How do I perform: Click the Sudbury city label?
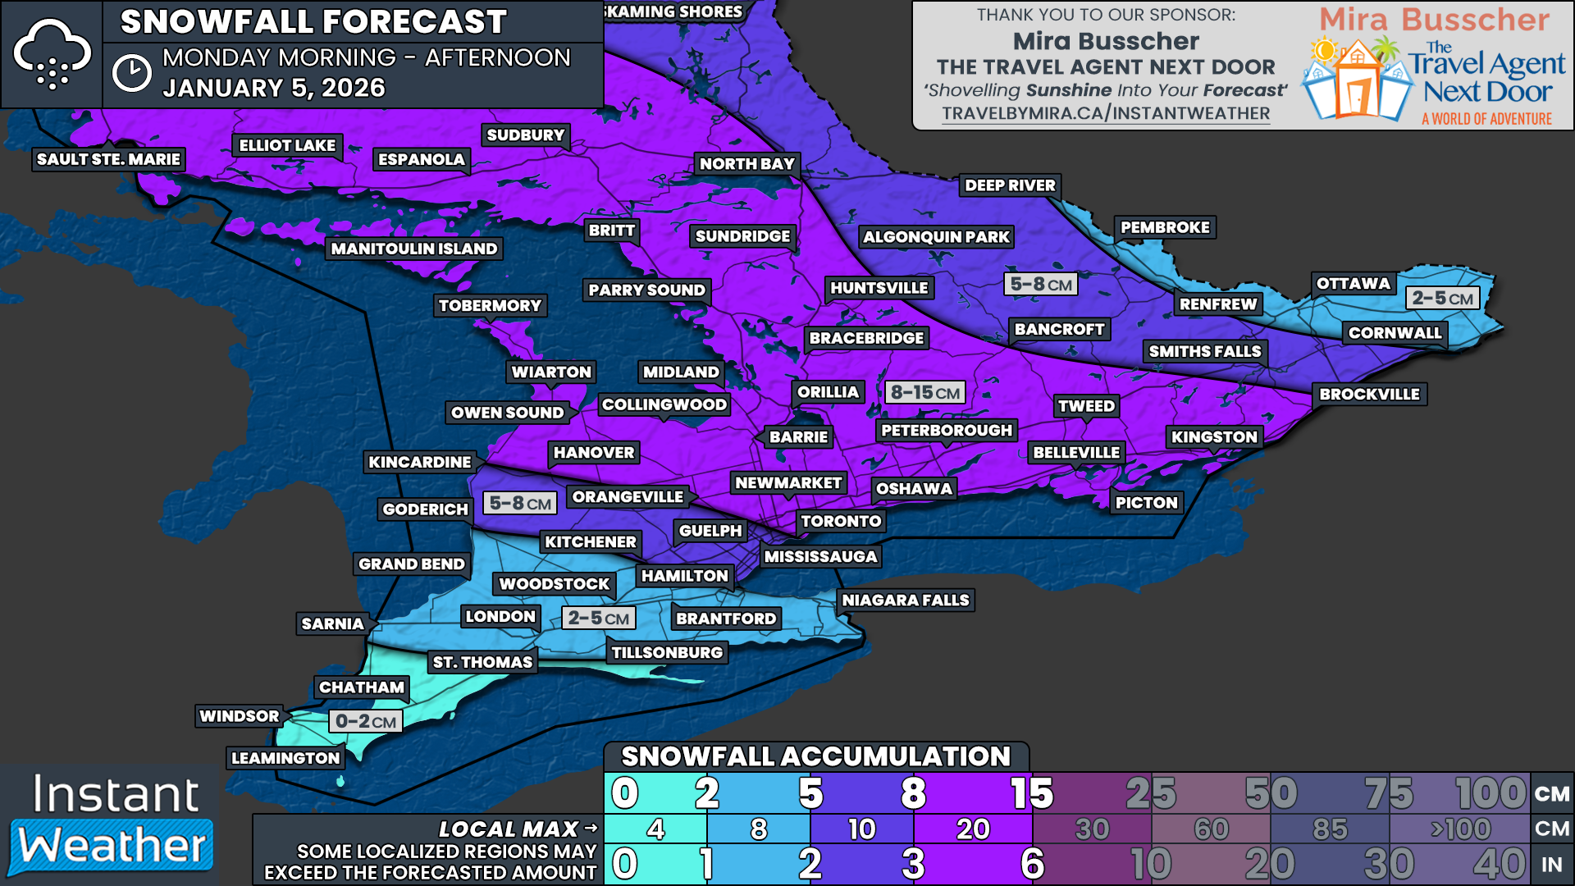coord(525,135)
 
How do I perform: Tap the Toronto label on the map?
coord(841,521)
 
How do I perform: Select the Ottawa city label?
coord(1353,284)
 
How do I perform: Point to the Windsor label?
coord(239,716)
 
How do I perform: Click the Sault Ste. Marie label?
coord(108,159)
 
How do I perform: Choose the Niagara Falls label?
coord(905,601)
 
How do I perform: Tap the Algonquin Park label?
coord(936,237)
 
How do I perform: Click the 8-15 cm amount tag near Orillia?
coord(924,392)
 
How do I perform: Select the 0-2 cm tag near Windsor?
coord(366,722)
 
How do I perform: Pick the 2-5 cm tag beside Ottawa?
coord(1442,298)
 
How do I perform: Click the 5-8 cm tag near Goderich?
coord(520,503)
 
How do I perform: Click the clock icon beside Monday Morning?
coord(131,73)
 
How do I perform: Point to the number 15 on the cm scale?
coord(1031,793)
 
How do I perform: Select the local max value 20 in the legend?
coord(973,829)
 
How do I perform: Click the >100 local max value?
coord(1460,829)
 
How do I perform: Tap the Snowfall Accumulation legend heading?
coord(815,756)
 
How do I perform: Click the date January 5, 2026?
coord(274,88)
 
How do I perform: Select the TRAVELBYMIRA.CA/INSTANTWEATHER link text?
coord(1105,114)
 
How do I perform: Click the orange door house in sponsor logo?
coord(1356,89)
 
